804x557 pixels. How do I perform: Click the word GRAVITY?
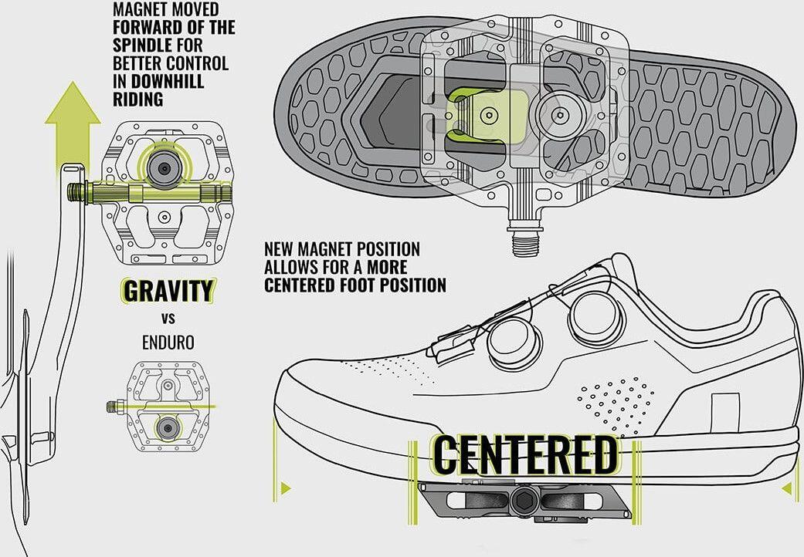(168, 292)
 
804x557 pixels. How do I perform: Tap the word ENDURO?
(168, 343)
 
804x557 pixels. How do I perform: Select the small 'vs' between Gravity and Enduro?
(168, 319)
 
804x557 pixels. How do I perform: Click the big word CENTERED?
(524, 455)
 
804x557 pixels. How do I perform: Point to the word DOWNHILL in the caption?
(168, 82)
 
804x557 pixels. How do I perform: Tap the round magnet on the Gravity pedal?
(164, 168)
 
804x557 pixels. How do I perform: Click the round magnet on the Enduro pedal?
(167, 427)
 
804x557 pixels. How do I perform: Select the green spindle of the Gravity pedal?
(149, 193)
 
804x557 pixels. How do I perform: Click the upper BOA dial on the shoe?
(596, 316)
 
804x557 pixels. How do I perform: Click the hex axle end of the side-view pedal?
(524, 498)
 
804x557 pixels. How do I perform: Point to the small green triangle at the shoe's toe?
(286, 488)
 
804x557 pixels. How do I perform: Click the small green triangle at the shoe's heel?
(787, 489)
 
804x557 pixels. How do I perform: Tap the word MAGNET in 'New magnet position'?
(326, 249)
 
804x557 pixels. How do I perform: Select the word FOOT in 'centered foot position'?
(359, 285)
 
